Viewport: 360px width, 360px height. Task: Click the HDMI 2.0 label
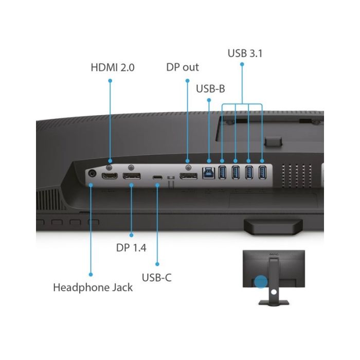[x=113, y=67]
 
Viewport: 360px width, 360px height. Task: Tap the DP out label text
[x=183, y=67]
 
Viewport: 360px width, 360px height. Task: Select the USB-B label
[x=210, y=88]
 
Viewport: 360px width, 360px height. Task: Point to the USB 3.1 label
[x=245, y=53]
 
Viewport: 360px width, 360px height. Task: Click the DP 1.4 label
[x=131, y=248]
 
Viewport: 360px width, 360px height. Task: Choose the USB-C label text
[x=156, y=278]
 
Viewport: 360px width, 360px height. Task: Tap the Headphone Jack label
[x=93, y=287]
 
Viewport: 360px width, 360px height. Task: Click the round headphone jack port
[x=92, y=173]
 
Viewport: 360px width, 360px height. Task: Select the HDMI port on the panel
[x=110, y=176]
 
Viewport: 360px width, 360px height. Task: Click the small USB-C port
[x=157, y=177]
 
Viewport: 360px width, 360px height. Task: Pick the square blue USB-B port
[x=208, y=173]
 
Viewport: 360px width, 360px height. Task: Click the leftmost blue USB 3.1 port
[x=222, y=172]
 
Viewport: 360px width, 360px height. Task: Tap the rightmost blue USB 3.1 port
[x=262, y=172]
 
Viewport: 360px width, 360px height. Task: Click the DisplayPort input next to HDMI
[x=132, y=176]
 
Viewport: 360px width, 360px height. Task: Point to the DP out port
[x=188, y=176]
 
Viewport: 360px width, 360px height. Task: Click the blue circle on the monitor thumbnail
[x=261, y=281]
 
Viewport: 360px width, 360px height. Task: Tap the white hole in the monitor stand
[x=274, y=292]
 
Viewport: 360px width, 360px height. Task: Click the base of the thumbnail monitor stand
[x=274, y=302]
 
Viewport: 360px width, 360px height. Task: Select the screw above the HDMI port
[x=110, y=167]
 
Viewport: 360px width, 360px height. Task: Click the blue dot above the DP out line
[x=187, y=81]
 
